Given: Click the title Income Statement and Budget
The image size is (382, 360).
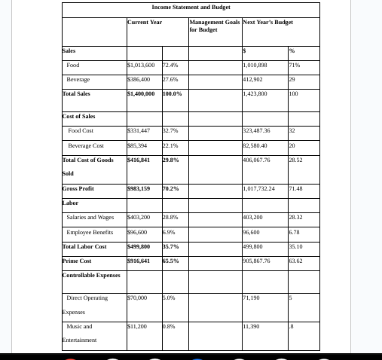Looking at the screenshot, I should [x=191, y=7].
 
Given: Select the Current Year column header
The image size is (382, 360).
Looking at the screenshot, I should [x=145, y=23].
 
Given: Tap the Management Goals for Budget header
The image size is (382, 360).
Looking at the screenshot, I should [x=214, y=26].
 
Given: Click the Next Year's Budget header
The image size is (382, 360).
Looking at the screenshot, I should [x=267, y=23].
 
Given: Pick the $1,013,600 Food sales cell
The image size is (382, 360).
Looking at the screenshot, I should [x=142, y=66].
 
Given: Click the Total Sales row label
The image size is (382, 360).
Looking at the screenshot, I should [x=76, y=93].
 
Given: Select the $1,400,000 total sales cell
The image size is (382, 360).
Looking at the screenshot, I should [x=142, y=93].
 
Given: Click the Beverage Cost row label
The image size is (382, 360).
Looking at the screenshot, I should [x=86, y=145].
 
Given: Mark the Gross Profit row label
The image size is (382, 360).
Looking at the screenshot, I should [x=78, y=188].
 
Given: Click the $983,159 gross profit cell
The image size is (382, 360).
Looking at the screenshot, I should [x=140, y=188].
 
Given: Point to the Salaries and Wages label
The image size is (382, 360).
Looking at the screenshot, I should [x=90, y=218].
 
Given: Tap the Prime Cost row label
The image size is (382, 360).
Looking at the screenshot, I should [x=77, y=261].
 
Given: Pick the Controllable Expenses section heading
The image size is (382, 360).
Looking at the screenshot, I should [x=90, y=275].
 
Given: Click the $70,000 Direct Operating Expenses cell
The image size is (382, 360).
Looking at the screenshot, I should [x=138, y=298].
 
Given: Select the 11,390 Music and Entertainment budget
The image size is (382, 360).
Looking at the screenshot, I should [x=252, y=327].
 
